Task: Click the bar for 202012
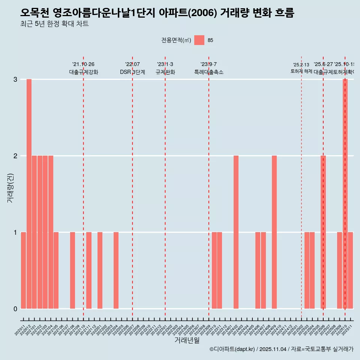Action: click(x=29, y=194)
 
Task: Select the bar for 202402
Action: click(x=236, y=232)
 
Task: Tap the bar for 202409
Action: click(x=274, y=232)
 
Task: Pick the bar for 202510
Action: click(x=345, y=194)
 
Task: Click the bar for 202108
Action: click(x=72, y=270)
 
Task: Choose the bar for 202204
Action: click(x=116, y=270)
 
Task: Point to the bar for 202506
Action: click(x=323, y=232)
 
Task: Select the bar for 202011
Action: click(x=23, y=270)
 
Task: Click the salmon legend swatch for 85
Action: click(x=199, y=40)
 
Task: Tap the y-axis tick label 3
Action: click(x=15, y=79)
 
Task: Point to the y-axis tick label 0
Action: click(x=15, y=309)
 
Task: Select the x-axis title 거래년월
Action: click(x=187, y=340)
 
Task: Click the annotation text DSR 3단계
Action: click(x=132, y=72)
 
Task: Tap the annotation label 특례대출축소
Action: click(x=208, y=72)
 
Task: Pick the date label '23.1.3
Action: click(x=165, y=64)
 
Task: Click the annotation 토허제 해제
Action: click(x=301, y=71)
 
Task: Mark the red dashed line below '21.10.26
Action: click(x=83, y=187)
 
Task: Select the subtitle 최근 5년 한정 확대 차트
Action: click(x=54, y=24)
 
